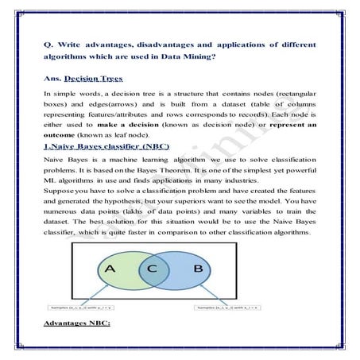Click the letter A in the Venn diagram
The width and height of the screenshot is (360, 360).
111,269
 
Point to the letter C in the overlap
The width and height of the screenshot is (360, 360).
153,269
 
